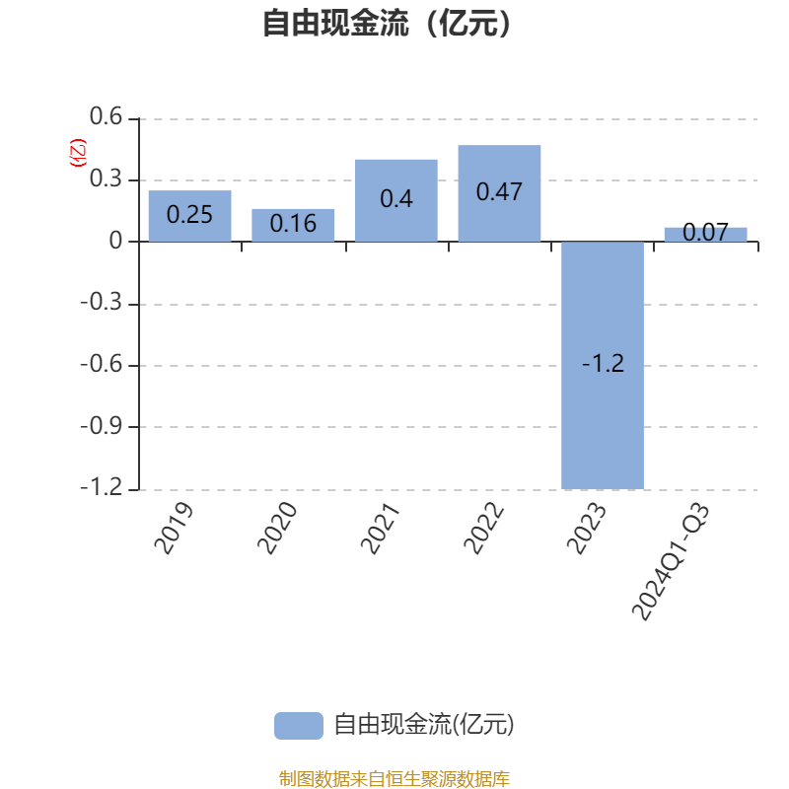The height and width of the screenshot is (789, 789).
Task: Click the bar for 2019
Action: tap(189, 216)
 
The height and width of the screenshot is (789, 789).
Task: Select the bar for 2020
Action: tap(293, 225)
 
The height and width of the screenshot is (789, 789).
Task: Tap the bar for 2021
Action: tap(396, 200)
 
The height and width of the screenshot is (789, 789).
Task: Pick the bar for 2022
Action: tap(499, 193)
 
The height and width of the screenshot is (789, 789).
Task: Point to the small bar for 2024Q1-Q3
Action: tap(705, 234)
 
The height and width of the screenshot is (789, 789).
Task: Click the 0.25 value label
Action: tap(189, 214)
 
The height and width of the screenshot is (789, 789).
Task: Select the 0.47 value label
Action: tap(499, 191)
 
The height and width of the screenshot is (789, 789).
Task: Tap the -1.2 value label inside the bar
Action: tap(603, 364)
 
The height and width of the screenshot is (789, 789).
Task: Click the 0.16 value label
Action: tap(293, 224)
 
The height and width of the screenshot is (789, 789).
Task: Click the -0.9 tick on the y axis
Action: tap(102, 427)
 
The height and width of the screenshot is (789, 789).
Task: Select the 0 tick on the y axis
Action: tap(116, 242)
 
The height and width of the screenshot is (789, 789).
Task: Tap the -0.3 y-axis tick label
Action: tap(102, 304)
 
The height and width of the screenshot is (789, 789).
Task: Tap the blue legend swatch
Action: tap(298, 725)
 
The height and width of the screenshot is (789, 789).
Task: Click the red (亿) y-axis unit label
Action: tap(78, 153)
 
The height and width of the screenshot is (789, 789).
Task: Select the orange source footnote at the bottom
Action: tap(394, 778)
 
